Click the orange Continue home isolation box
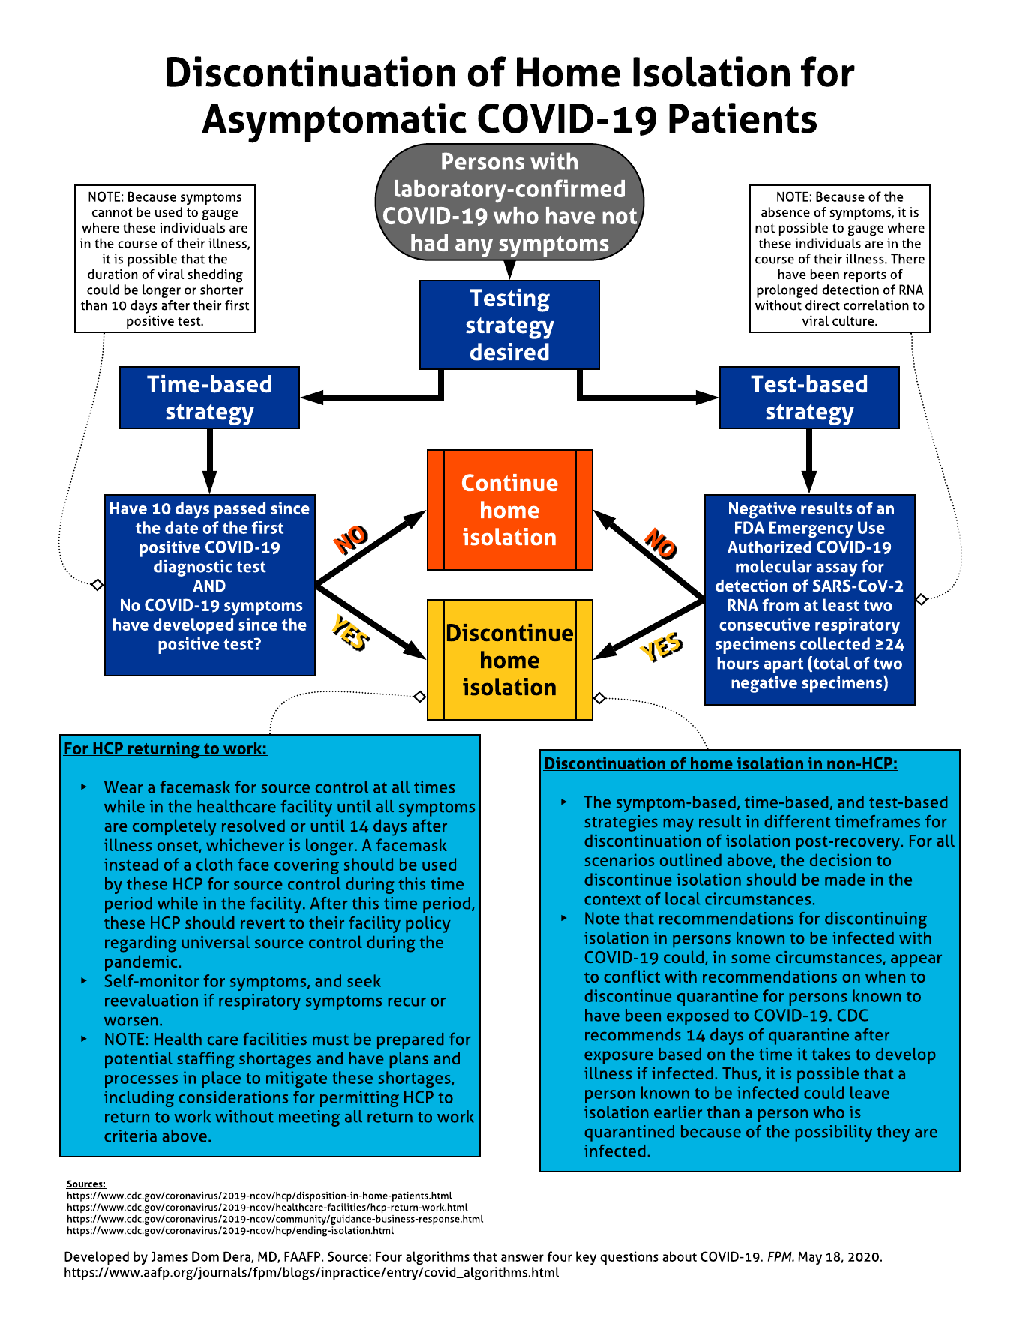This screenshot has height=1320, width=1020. point(509,510)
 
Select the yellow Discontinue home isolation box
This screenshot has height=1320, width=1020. point(509,660)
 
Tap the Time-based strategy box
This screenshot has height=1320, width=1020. point(209,397)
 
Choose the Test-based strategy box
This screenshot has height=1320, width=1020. point(809,397)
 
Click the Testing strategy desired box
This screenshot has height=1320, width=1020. point(509,325)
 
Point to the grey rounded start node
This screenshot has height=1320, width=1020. point(509,202)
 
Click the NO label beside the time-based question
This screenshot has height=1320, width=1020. point(351,539)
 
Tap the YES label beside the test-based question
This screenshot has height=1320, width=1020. point(661,646)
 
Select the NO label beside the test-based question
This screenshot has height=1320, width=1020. point(661,543)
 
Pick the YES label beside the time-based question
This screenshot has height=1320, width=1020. point(350,632)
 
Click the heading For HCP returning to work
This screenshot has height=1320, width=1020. point(165,748)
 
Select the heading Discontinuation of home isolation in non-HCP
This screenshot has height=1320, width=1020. point(721,763)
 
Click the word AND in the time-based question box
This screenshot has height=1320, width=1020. point(209,586)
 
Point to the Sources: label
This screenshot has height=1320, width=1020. point(86,1183)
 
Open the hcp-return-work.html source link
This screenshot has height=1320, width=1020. point(267,1207)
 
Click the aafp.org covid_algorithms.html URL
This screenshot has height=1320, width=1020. point(311,1272)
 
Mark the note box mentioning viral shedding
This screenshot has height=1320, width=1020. point(165,259)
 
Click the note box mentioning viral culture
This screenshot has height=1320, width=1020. point(840,259)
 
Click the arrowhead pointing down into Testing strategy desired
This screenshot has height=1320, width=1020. point(509,271)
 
